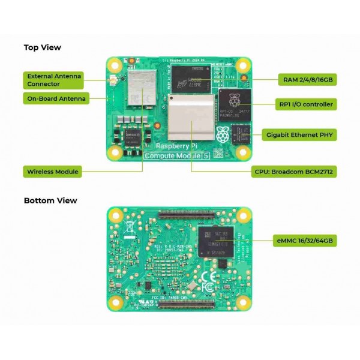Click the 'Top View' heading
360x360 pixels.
pyautogui.click(x=42, y=47)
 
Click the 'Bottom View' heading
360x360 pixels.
pyautogui.click(x=50, y=200)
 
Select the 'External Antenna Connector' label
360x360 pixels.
pyautogui.click(x=53, y=80)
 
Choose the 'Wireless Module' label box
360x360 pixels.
pyautogui.click(x=53, y=172)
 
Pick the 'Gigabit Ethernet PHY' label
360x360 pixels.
pyautogui.click(x=299, y=134)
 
